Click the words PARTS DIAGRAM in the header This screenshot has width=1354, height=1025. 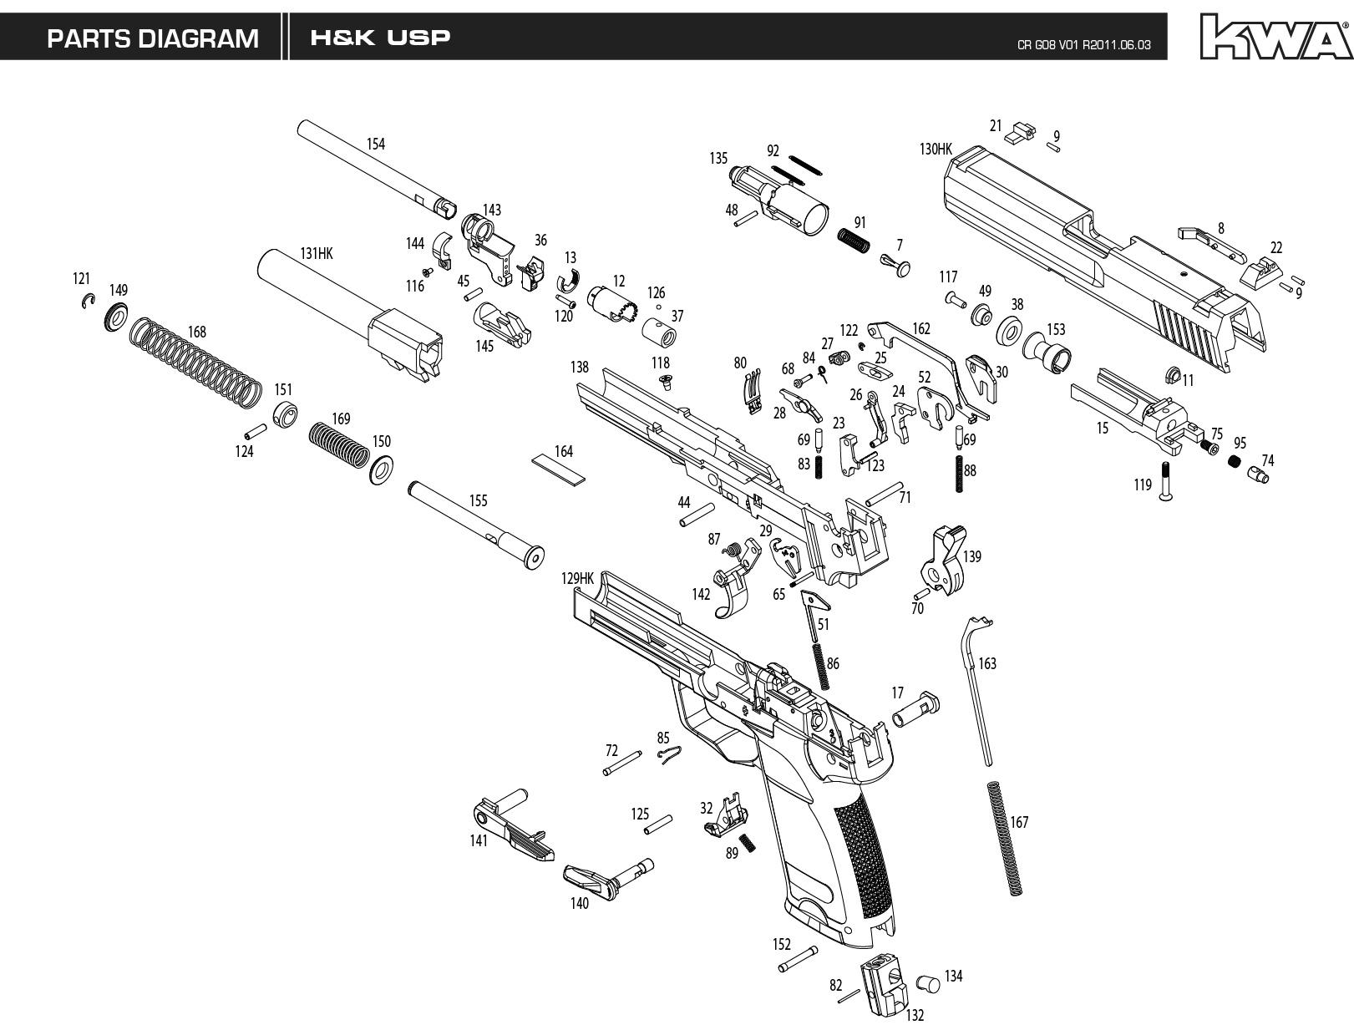[x=152, y=39]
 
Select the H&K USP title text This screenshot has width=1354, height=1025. [x=380, y=38]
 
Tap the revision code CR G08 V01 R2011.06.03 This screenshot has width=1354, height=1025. [x=1084, y=45]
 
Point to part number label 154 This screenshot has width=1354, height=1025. [x=376, y=145]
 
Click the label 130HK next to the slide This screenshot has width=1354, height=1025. [x=936, y=150]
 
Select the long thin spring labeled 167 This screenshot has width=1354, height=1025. [x=1006, y=838]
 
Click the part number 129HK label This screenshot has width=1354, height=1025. [x=577, y=578]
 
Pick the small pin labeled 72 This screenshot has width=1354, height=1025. [x=623, y=763]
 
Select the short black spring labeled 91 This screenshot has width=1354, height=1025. [x=854, y=240]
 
